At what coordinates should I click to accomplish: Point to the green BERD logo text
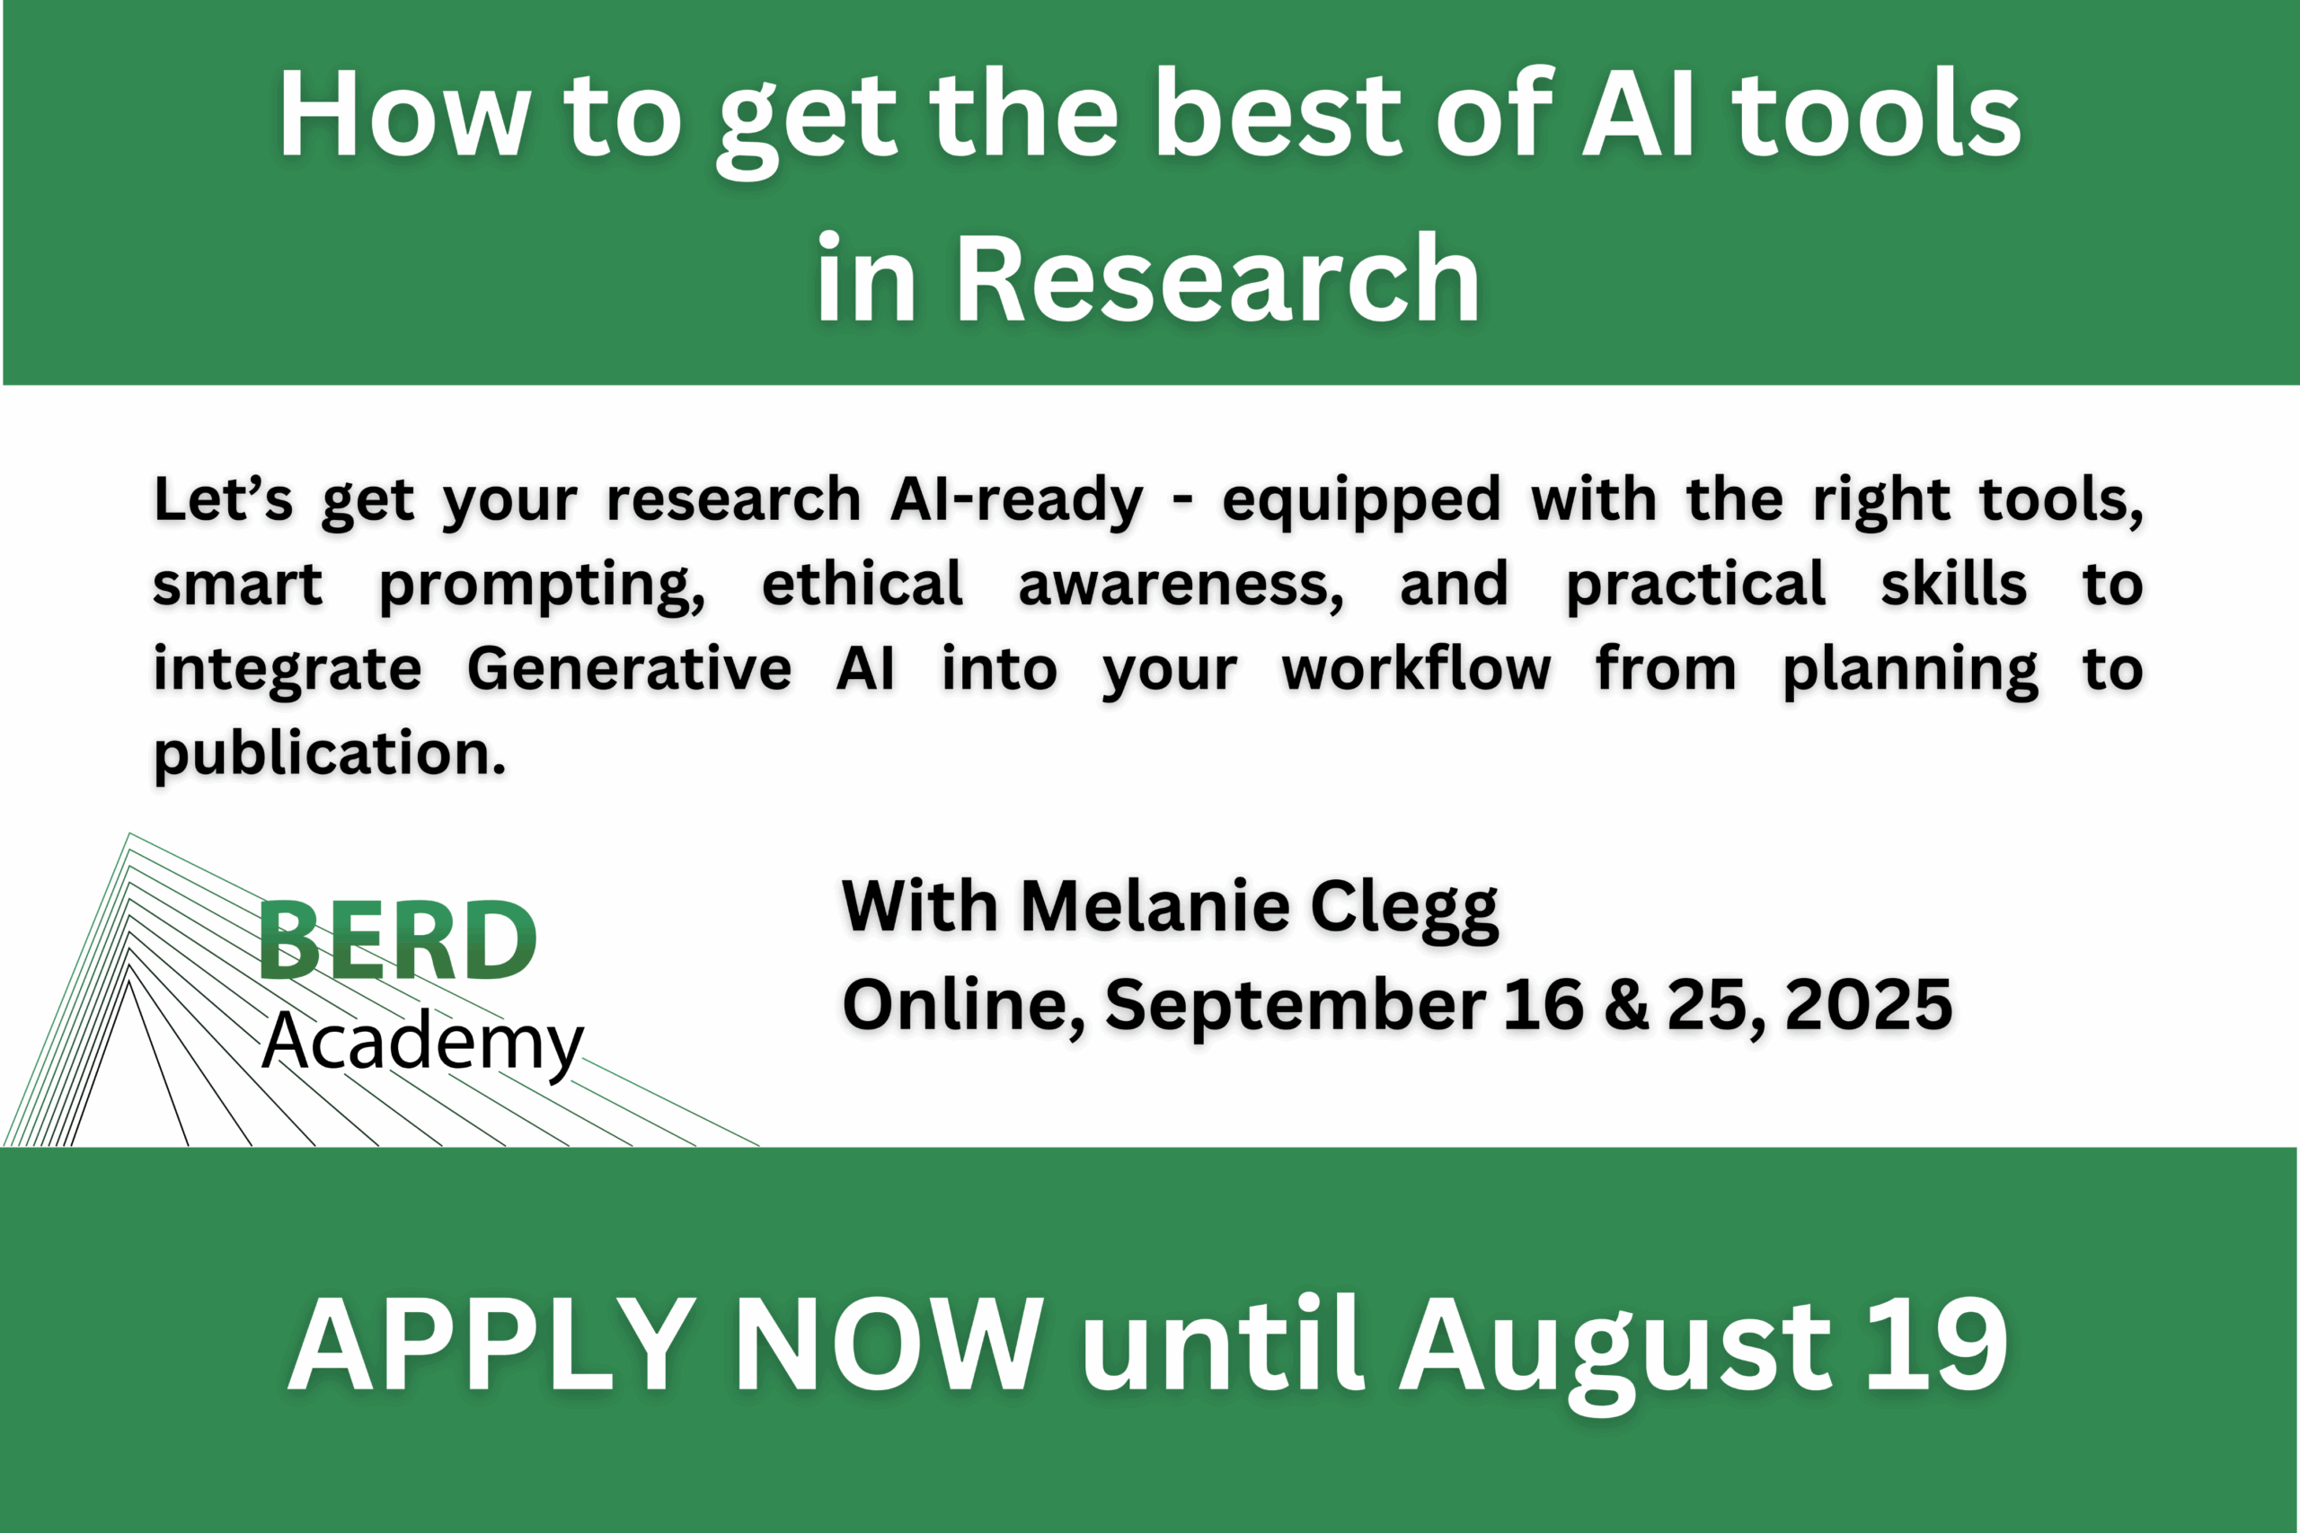(397, 939)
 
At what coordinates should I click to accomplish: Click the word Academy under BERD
(422, 1042)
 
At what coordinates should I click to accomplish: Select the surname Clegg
(1403, 909)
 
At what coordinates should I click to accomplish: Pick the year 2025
(1868, 1004)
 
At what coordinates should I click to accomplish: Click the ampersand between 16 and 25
(1625, 1004)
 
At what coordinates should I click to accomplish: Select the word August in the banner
(1614, 1353)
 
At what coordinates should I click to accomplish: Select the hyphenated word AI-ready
(1016, 501)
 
